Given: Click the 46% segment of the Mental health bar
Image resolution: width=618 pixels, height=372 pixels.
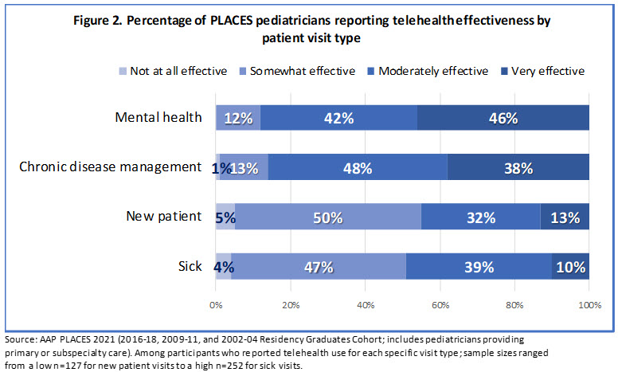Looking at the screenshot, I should pos(503,119).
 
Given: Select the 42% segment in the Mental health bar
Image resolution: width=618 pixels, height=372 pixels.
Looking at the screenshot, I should pos(338,119).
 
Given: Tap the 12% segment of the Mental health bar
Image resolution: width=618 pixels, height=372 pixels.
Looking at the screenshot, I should pos(238,119).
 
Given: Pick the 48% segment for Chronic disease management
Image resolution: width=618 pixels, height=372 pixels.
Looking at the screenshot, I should pos(358,167).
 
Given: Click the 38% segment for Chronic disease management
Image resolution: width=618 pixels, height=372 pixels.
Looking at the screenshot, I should pos(518,167).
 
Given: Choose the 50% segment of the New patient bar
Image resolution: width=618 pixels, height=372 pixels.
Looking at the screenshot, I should pos(327,217).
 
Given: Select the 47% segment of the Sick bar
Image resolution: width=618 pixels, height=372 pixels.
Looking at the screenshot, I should pos(319,266).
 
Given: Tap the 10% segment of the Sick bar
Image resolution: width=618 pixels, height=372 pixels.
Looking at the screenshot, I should pos(570,266).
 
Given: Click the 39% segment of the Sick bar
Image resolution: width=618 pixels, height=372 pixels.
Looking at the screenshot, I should pos(479,266).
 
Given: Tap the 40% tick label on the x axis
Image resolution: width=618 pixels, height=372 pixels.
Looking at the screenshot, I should pos(365,304).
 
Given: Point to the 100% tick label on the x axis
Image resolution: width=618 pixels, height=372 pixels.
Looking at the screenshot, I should pos(589,304).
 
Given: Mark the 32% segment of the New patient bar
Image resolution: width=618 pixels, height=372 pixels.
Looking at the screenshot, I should pos(480,217).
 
